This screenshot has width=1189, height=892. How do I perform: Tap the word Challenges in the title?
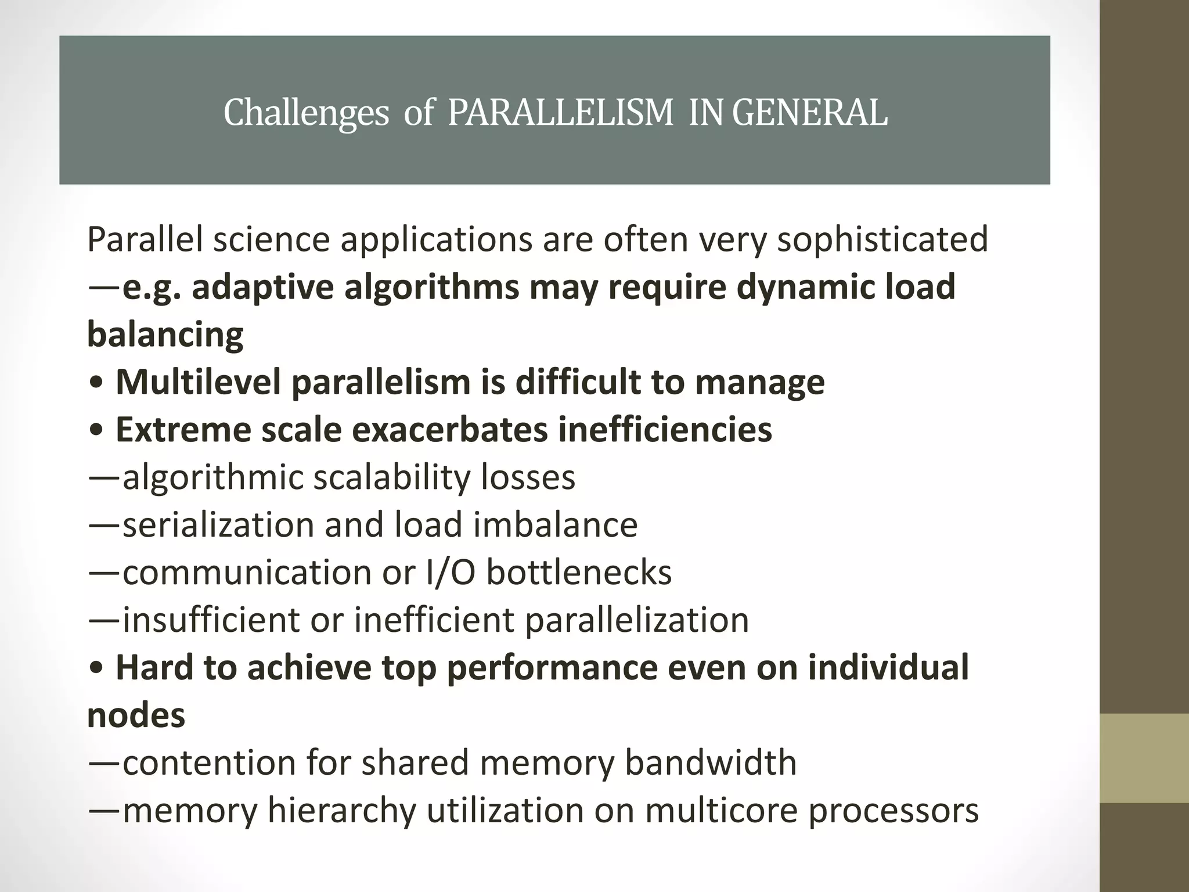point(306,113)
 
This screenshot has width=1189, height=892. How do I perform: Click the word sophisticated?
point(882,239)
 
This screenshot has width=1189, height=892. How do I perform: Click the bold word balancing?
point(165,334)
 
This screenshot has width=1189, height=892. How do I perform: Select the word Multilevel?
point(198,382)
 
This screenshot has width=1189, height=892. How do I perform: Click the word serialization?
point(218,525)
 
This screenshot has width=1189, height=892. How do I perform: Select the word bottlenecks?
point(579,573)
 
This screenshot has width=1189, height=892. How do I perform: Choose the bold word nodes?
point(136,715)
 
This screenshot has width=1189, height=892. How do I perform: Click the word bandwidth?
point(710,763)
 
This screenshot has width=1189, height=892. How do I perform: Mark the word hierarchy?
point(341,811)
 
